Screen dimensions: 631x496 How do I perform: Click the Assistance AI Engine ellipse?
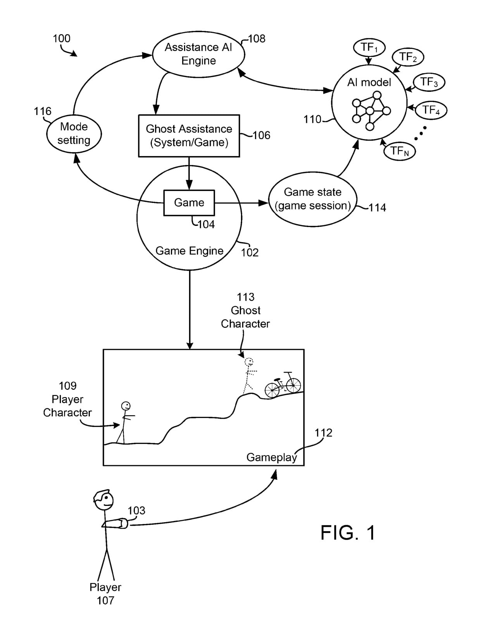pyautogui.click(x=198, y=54)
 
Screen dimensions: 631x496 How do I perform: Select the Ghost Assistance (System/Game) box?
pyautogui.click(x=189, y=136)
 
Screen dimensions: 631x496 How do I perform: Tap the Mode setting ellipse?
pyautogui.click(x=74, y=134)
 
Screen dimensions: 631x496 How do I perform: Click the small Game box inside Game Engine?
pyautogui.click(x=189, y=203)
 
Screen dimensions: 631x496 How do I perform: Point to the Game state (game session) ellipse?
pyautogui.click(x=312, y=199)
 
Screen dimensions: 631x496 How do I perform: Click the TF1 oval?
pyautogui.click(x=369, y=48)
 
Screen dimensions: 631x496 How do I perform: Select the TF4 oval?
pyautogui.click(x=431, y=110)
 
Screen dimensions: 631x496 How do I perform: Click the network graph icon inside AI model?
pyautogui.click(x=370, y=110)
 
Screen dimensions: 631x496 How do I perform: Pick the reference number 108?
pyautogui.click(x=257, y=39)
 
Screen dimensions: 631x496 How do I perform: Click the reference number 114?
pyautogui.click(x=377, y=208)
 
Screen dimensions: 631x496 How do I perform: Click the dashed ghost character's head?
pyautogui.click(x=249, y=362)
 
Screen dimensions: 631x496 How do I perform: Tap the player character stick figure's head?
pyautogui.click(x=126, y=406)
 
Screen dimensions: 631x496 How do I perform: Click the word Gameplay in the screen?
pyautogui.click(x=272, y=457)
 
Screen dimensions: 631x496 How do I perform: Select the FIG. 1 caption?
pyautogui.click(x=348, y=533)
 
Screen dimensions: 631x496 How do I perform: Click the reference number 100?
pyautogui.click(x=62, y=39)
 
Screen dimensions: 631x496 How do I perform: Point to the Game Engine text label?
pyautogui.click(x=189, y=251)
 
